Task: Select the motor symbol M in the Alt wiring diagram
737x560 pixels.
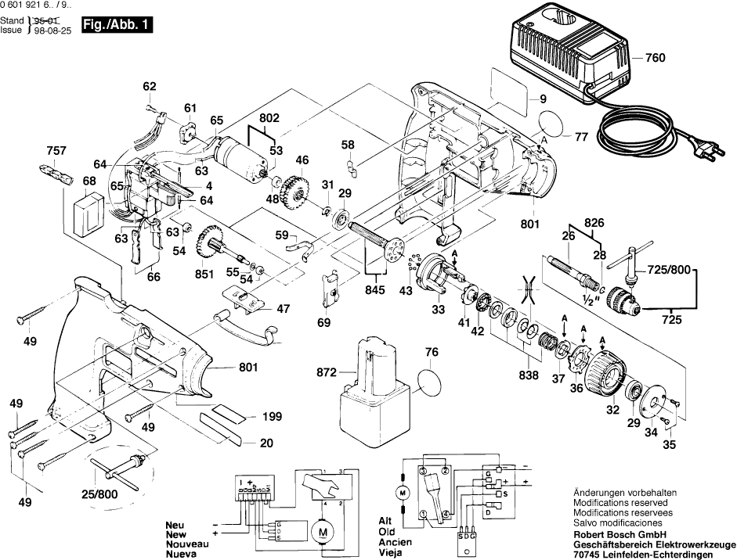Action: point(403,494)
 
